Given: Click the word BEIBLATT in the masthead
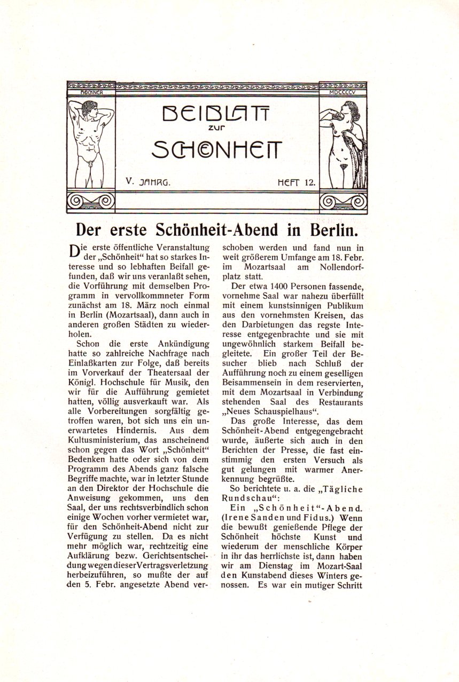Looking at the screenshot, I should (216, 113).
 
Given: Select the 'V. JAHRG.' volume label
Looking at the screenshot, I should (148, 181).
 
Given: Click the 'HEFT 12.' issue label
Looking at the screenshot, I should (297, 182).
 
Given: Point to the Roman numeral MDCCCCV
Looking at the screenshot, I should (343, 92).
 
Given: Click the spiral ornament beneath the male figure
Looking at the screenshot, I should (91, 202).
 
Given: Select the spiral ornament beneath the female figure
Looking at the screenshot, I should (343, 202).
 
